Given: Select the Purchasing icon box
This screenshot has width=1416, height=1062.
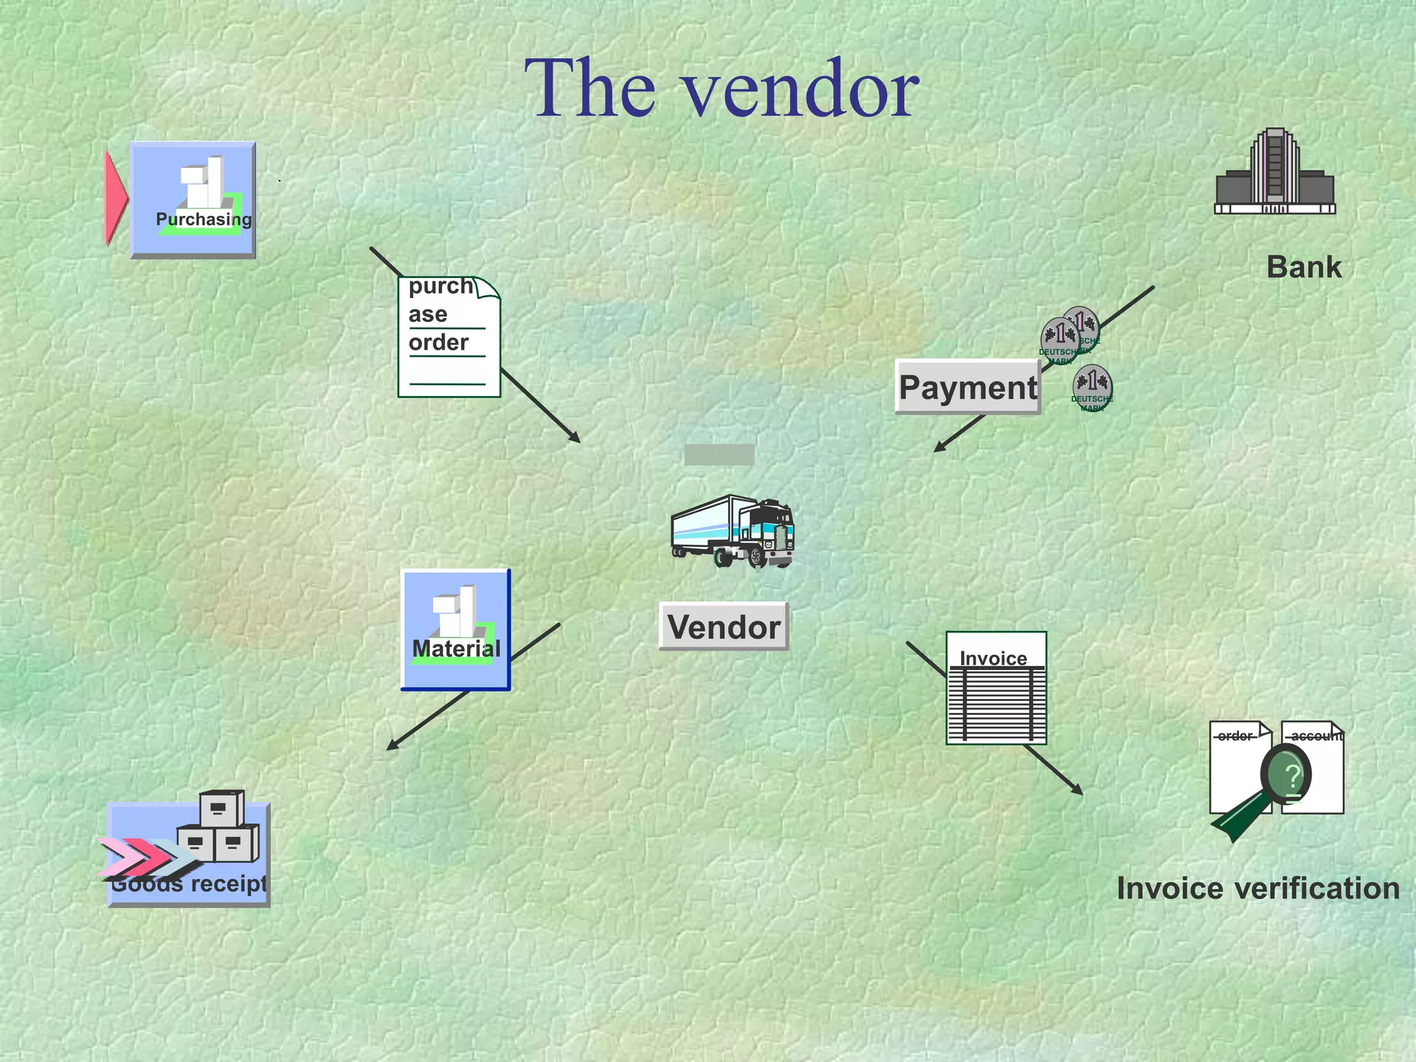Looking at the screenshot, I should click(x=193, y=201).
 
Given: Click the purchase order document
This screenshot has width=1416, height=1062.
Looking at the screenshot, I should click(x=449, y=337).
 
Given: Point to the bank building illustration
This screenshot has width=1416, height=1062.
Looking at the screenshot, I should click(x=1275, y=173).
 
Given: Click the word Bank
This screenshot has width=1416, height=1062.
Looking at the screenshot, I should click(x=1303, y=268).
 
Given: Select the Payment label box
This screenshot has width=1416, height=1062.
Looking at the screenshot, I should click(x=967, y=387).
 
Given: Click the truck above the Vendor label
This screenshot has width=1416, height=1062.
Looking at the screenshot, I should click(x=734, y=532).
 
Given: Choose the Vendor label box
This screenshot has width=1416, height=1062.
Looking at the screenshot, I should click(x=723, y=627).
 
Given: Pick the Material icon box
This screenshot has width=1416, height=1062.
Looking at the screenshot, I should click(x=456, y=630).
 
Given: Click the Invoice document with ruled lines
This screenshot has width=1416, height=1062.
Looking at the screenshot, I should click(x=996, y=689).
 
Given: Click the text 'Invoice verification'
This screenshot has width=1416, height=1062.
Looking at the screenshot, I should click(x=1258, y=888).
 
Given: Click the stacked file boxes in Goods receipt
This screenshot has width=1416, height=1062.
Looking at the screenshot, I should click(x=220, y=827).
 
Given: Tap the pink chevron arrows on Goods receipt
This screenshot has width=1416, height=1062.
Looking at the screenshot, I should click(x=142, y=858).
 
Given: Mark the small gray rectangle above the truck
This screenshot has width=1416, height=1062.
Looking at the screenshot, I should click(x=719, y=455).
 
